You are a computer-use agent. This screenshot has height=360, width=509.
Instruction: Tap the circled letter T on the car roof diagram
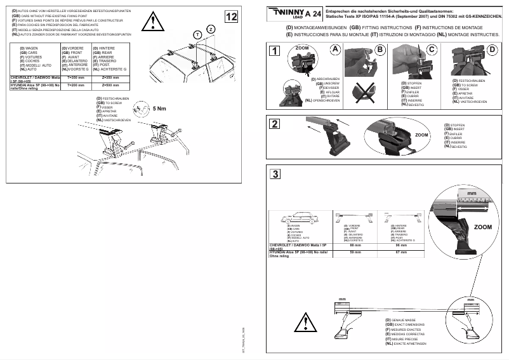tap(197, 34)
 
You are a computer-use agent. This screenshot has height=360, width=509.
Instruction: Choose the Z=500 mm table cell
tap(110, 84)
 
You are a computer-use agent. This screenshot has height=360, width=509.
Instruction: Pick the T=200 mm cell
tap(76, 84)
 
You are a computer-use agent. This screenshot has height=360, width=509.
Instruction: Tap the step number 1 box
tap(274, 51)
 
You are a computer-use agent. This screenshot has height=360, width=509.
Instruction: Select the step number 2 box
tap(274, 124)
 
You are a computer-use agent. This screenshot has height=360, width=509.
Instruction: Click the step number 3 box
tap(274, 174)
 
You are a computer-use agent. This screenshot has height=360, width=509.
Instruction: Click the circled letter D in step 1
tap(492, 50)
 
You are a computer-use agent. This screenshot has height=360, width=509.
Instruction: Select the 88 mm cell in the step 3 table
tap(355, 245)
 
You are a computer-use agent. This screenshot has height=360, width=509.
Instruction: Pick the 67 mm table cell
tap(400, 252)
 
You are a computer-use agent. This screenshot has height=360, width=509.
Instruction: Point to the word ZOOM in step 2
tap(422, 135)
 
